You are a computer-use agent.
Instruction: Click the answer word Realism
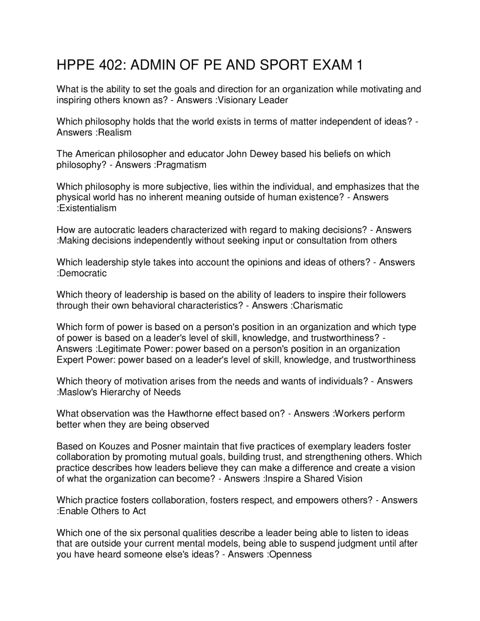[115, 132]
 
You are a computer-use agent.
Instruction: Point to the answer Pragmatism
[181, 165]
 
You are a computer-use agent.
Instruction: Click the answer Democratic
[83, 273]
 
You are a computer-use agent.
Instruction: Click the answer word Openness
[291, 555]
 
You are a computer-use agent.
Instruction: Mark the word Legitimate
[119, 349]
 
